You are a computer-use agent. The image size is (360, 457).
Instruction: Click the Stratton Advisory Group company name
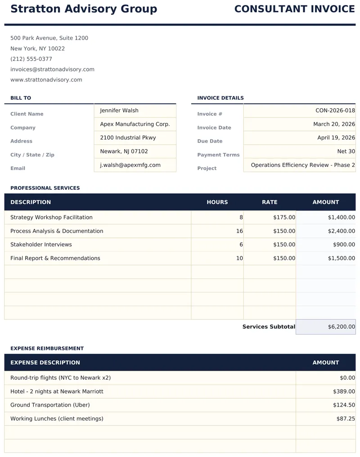pos(84,9)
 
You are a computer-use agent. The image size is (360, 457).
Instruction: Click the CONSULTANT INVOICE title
pos(294,9)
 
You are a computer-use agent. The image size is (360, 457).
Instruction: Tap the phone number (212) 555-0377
pos(31,59)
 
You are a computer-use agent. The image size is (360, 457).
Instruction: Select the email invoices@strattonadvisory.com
pos(52,69)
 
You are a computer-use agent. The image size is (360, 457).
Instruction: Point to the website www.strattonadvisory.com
pos(46,80)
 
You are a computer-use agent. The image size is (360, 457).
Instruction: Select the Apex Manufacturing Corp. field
pos(135,124)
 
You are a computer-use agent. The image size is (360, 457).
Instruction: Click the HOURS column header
pos(217,202)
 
